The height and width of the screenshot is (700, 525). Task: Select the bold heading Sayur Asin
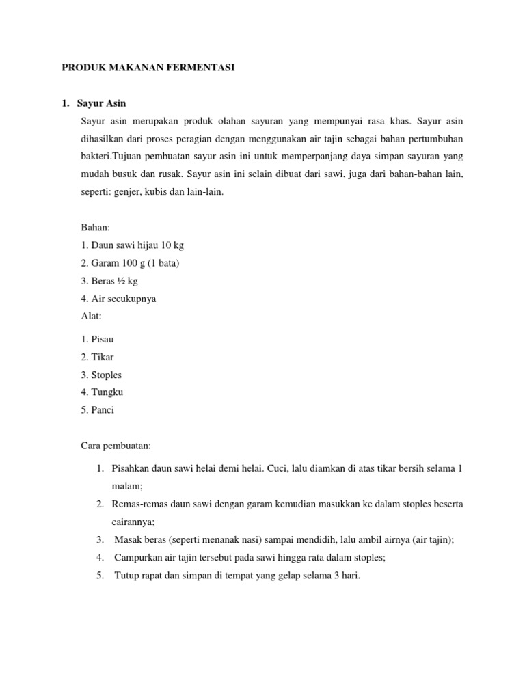click(x=103, y=103)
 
